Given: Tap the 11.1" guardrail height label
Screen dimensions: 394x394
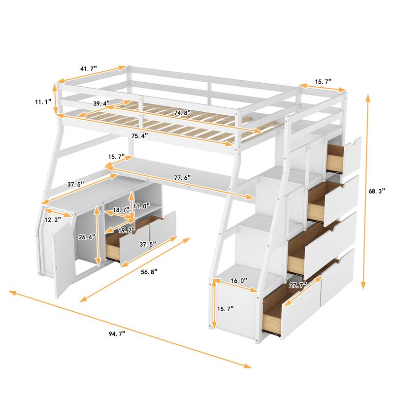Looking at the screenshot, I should pos(43,102).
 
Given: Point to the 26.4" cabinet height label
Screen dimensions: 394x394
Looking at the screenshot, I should pos(87,236).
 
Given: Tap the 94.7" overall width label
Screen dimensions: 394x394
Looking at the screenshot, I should pos(115,334).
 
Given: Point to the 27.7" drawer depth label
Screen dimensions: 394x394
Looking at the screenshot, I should pos(298,285).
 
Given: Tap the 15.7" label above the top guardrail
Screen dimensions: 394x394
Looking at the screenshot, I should pos(323,81).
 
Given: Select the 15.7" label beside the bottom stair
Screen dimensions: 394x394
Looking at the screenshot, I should pos(226,308).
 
